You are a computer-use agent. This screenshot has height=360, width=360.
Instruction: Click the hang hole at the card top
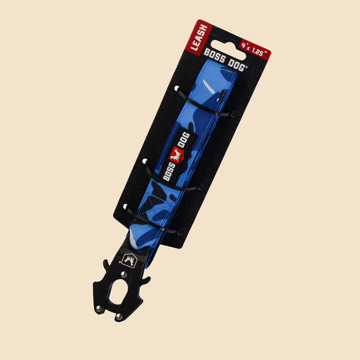point(228,50)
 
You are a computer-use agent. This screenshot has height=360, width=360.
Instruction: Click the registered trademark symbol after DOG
point(246,67)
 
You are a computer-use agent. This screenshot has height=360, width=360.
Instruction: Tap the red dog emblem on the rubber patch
point(176,154)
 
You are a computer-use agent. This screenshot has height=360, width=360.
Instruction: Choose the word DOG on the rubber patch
point(184,139)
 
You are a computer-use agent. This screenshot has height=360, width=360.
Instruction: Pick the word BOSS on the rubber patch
point(169,171)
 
